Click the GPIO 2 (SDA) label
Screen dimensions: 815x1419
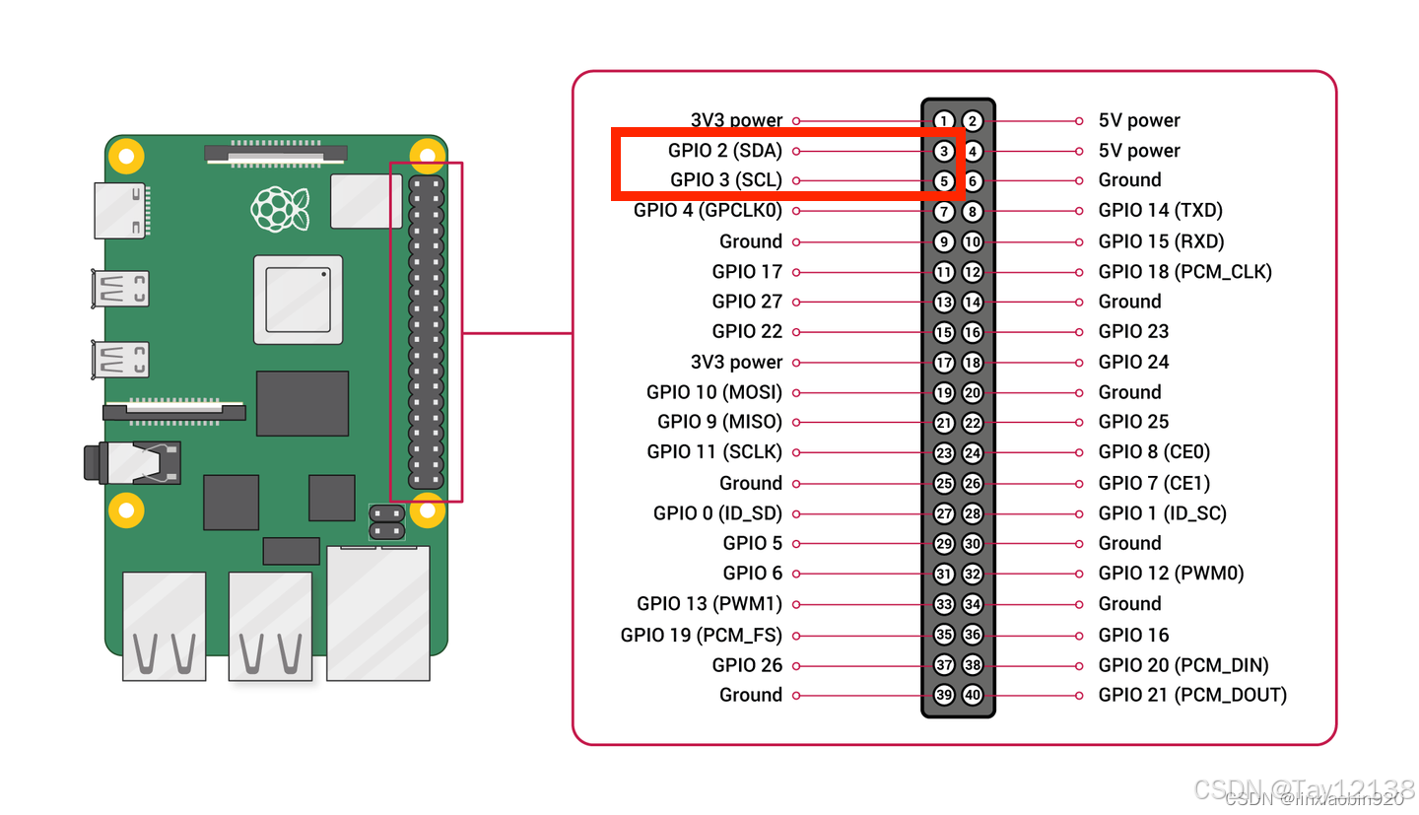pos(724,151)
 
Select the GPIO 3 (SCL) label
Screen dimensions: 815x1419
pos(725,180)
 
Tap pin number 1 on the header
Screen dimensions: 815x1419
pos(944,121)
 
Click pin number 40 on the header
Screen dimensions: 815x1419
pos(973,695)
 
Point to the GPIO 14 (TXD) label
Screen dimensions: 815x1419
pos(1160,210)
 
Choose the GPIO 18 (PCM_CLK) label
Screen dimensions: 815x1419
pos(1184,272)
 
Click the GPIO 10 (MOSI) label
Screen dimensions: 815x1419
pos(713,392)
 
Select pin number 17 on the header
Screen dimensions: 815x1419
pos(944,363)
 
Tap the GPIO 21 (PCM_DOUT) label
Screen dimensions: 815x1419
pos(1192,695)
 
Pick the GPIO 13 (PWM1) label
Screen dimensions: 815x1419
pos(709,604)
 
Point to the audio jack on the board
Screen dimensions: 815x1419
pos(132,463)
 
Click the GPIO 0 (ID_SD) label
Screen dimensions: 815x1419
pos(717,513)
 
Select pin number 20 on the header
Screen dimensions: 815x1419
pos(973,392)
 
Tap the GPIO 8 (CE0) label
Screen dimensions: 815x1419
pos(1154,452)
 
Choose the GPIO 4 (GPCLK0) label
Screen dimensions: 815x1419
pos(708,210)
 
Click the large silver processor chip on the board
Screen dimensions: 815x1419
pos(298,300)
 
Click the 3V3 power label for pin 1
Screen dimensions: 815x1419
pos(736,120)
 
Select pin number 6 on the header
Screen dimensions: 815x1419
pos(973,181)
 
